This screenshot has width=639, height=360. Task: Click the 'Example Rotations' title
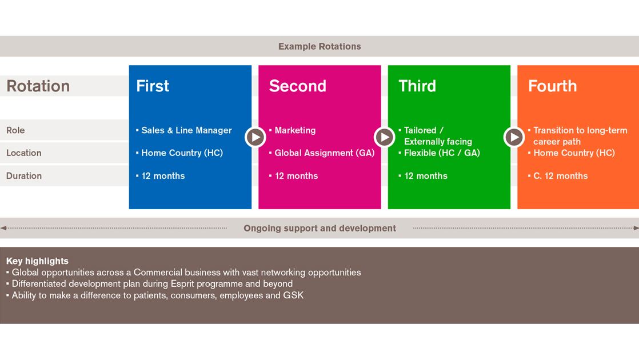tap(319, 46)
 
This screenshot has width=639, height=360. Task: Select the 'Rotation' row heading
tap(38, 86)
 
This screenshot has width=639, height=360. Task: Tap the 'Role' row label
tap(15, 130)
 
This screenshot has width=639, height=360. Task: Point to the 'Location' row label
tap(23, 153)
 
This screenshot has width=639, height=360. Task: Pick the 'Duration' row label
tap(23, 175)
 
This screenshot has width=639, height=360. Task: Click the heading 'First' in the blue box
tap(153, 86)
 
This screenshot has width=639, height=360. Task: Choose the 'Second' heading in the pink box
tap(297, 86)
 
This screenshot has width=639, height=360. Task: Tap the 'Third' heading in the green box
tap(417, 86)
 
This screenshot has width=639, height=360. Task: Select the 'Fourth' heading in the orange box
tap(552, 86)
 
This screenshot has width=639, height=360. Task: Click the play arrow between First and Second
tap(255, 137)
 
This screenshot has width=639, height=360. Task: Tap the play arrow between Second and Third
tap(384, 137)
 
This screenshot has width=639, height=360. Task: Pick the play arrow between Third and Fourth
tap(514, 137)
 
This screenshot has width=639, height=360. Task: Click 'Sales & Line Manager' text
tap(186, 130)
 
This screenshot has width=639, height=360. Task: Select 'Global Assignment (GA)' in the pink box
tap(325, 153)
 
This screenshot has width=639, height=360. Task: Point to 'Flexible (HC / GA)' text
tap(442, 153)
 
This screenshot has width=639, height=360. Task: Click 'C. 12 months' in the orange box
tap(560, 176)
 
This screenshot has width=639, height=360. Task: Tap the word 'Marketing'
tap(295, 130)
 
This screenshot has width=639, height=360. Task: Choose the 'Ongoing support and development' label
tap(320, 228)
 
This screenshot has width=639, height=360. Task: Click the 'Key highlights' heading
tap(37, 261)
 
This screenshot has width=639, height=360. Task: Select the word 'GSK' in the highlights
tap(293, 295)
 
